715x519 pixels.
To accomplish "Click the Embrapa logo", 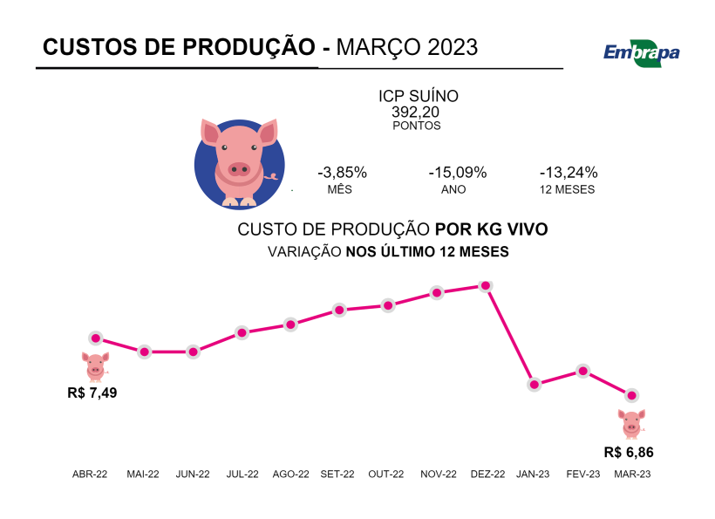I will click(641, 51).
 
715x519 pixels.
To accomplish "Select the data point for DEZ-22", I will click(487, 285).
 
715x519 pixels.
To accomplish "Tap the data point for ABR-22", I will click(96, 338).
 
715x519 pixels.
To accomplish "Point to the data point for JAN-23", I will click(535, 385).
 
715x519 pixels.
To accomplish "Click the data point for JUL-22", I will click(242, 332).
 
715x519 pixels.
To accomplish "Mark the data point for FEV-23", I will click(583, 371).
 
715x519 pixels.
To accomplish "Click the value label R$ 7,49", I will click(92, 393).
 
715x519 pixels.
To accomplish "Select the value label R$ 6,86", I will click(629, 453).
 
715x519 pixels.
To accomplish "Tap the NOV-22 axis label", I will click(439, 475).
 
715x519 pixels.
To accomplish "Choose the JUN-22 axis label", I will click(193, 475).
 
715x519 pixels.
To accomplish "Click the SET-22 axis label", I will click(337, 475).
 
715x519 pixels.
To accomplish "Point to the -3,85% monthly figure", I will click(342, 173).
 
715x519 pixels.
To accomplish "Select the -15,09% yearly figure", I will click(458, 173).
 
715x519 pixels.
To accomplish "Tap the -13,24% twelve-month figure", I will click(569, 173).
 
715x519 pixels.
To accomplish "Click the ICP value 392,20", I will click(416, 112).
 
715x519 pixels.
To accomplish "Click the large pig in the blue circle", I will click(240, 164).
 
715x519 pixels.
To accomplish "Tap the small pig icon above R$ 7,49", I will click(95, 365).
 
